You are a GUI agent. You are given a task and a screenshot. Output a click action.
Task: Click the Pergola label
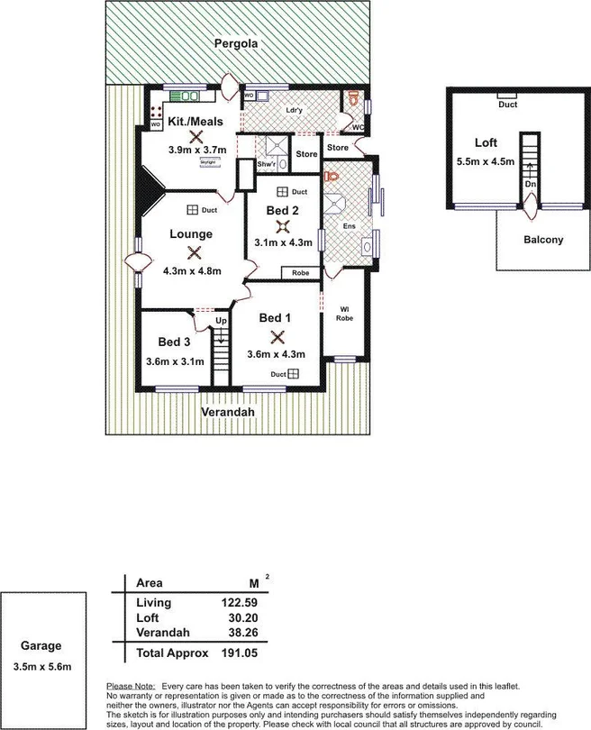pyautogui.click(x=235, y=43)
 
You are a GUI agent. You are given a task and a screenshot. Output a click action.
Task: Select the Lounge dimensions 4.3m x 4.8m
pyautogui.click(x=191, y=270)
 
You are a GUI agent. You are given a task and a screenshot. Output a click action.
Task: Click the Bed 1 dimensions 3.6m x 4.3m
pyautogui.click(x=277, y=354)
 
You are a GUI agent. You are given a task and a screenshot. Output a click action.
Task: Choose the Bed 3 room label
pyautogui.click(x=174, y=342)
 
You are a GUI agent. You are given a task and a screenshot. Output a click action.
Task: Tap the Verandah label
pyautogui.click(x=227, y=412)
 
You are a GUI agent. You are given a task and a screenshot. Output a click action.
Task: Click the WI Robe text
pyautogui.click(x=343, y=314)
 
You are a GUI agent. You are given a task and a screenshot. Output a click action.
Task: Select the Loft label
pyautogui.click(x=486, y=142)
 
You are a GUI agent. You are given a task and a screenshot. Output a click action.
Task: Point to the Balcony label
pyautogui.click(x=543, y=240)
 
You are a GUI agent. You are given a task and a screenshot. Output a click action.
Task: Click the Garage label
pyautogui.click(x=42, y=646)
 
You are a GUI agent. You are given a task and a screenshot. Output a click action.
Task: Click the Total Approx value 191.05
pyautogui.click(x=240, y=653)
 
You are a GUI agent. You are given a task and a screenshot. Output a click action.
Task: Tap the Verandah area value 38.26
pyautogui.click(x=243, y=634)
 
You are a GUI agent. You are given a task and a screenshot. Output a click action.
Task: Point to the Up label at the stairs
pyautogui.click(x=220, y=321)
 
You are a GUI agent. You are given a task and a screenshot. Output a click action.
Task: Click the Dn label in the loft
pyautogui.click(x=530, y=184)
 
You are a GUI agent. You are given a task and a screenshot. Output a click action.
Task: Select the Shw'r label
pyautogui.click(x=266, y=165)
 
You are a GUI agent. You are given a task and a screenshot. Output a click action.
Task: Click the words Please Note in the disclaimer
pyautogui.click(x=132, y=687)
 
